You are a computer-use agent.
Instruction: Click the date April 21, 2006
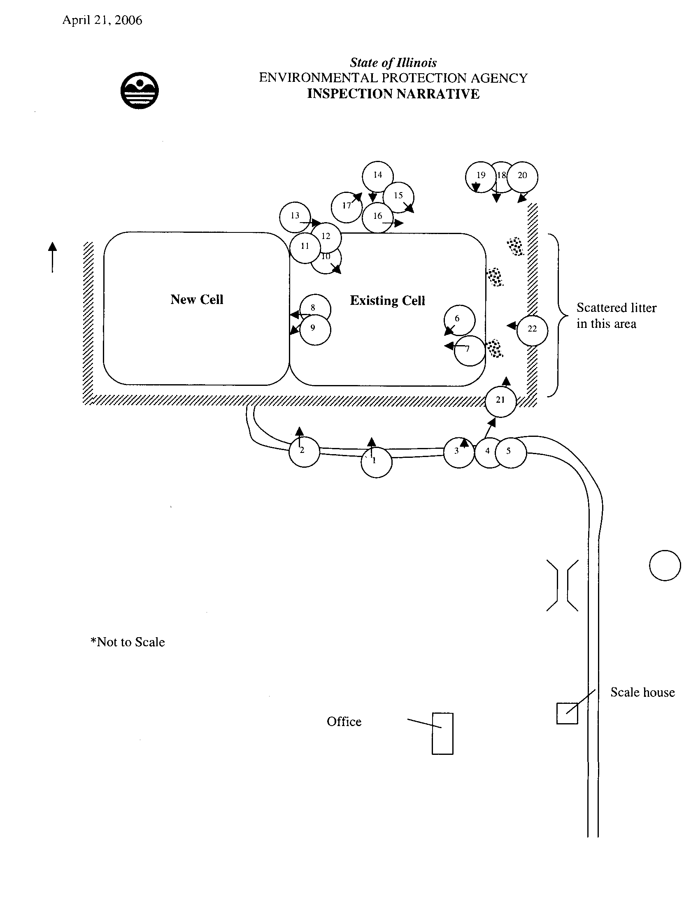coord(102,20)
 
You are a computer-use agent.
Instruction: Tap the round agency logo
coord(139,90)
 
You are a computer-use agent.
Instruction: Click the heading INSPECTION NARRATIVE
coord(393,94)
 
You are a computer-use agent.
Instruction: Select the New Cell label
coord(197,299)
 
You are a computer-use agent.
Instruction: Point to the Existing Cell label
coord(388,300)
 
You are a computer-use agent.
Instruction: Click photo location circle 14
coord(377,176)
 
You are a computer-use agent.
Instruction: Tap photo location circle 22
coord(533,330)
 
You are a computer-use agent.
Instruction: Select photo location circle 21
coord(501,401)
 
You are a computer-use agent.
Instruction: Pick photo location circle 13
coord(295,217)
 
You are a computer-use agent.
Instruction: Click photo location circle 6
coord(459,320)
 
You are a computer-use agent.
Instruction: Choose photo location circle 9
coord(315,330)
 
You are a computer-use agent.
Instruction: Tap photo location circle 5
coord(511,452)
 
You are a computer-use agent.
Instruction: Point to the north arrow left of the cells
coord(52,258)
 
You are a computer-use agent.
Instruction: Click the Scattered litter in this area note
coord(617,316)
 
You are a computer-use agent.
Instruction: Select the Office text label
coord(344,722)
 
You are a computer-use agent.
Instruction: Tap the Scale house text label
coord(642,692)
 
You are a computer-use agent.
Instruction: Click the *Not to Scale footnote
coord(128,642)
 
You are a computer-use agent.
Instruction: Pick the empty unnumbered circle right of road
coord(665,566)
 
